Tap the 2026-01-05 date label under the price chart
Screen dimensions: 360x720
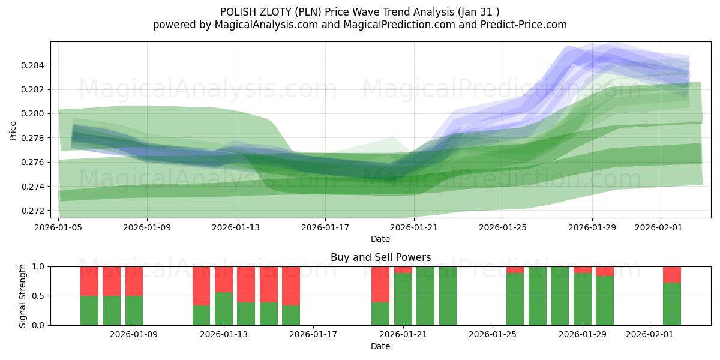click(x=59, y=227)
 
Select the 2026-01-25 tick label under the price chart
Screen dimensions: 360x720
click(x=503, y=227)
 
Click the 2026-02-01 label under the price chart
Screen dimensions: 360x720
click(x=659, y=227)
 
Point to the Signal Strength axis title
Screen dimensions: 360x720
click(x=22, y=296)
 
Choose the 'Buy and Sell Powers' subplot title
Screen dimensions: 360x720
click(x=380, y=257)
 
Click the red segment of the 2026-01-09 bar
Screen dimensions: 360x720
click(x=134, y=281)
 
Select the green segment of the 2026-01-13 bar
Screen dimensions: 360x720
click(x=224, y=308)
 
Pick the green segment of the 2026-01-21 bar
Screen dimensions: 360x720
click(x=403, y=299)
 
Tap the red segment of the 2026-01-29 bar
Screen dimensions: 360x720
click(x=583, y=269)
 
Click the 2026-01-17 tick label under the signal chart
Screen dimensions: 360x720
click(x=313, y=335)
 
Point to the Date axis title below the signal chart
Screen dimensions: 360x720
click(x=380, y=346)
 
